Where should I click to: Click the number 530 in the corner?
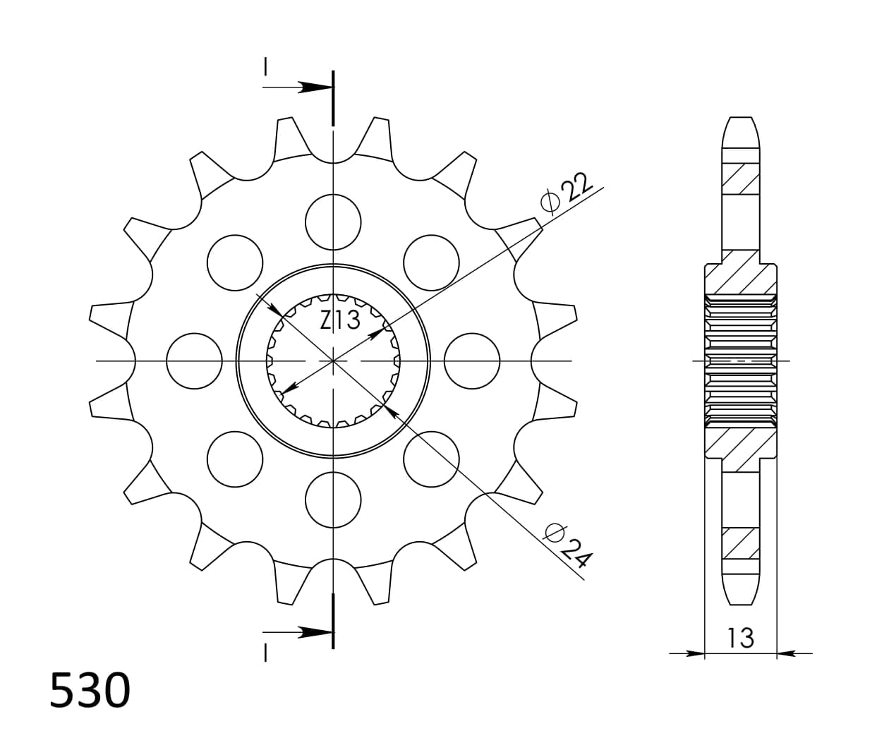click(x=90, y=690)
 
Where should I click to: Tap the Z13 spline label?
click(x=340, y=320)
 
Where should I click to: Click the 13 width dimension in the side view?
click(x=740, y=638)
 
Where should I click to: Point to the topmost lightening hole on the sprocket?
click(x=333, y=222)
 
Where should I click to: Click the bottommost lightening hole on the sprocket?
click(x=333, y=500)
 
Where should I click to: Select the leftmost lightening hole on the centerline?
click(x=194, y=361)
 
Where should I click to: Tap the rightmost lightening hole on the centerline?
click(x=472, y=361)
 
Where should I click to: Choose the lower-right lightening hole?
click(x=431, y=459)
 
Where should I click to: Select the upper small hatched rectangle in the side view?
click(x=740, y=179)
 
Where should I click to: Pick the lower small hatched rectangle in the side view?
click(x=740, y=543)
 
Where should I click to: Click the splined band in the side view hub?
click(x=740, y=361)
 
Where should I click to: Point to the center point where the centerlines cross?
click(x=333, y=361)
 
